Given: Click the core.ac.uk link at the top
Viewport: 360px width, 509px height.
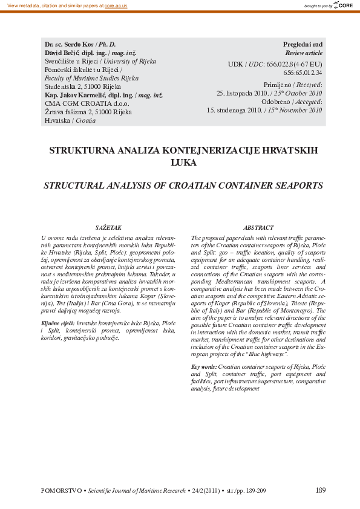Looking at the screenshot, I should tap(116, 5).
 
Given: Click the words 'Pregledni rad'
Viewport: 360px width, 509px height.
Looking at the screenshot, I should tap(303, 45).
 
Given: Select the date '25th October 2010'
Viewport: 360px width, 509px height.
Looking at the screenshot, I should tap(297, 94).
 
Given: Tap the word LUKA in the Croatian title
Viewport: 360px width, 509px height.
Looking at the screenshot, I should tap(180, 162).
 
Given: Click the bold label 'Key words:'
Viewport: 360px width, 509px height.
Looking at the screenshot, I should tap(204, 367).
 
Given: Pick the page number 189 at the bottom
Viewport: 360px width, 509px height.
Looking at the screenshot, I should tap(320, 490).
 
